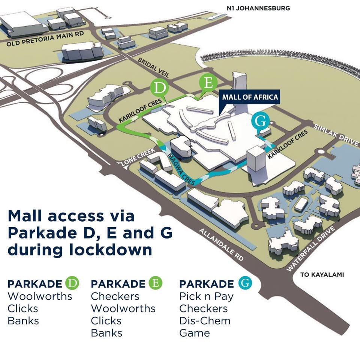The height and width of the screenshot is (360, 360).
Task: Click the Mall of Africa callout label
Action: (x=250, y=97)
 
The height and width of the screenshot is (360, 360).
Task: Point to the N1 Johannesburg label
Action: (x=258, y=8)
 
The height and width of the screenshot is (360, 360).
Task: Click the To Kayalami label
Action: (x=322, y=275)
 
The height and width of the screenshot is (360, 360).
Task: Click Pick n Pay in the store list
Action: (x=206, y=296)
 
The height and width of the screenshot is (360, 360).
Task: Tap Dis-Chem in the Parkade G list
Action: (x=205, y=321)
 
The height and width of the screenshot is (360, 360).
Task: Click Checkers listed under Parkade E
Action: (x=115, y=296)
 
